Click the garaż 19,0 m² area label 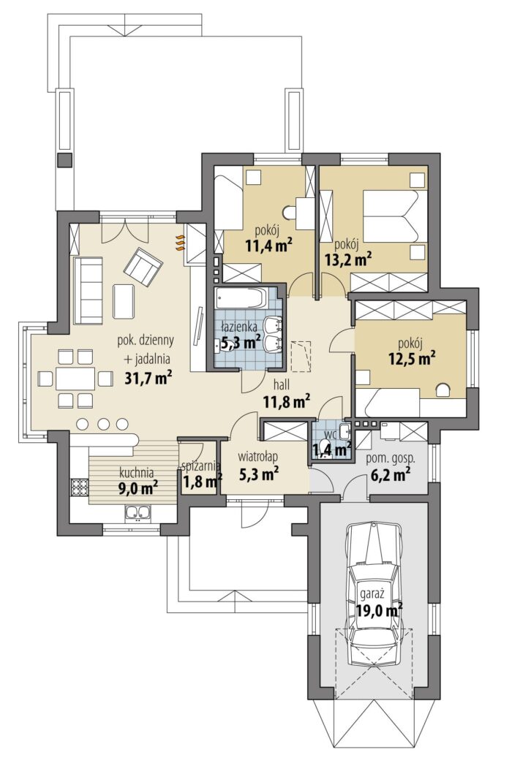point(379,602)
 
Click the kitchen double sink point(138,512)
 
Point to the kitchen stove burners point(79,487)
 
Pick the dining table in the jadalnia point(75,378)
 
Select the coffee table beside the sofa point(124,301)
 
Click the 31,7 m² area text point(146,378)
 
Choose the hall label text point(281,385)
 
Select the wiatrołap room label point(257,457)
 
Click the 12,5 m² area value point(412,359)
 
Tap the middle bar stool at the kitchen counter point(103,423)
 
